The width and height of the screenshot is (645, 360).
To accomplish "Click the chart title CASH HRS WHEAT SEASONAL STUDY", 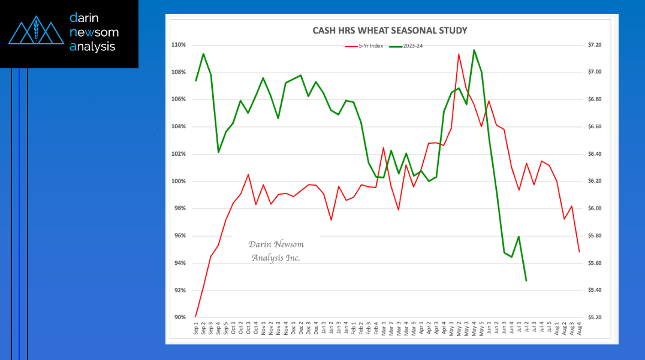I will tap(390, 31).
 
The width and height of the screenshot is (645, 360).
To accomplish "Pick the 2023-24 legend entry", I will tap(413, 46).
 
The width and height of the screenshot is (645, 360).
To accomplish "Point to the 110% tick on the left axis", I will tap(179, 45).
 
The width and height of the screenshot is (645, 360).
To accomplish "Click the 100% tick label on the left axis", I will tap(179, 181).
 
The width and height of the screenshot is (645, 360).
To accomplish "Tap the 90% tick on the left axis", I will tap(180, 317).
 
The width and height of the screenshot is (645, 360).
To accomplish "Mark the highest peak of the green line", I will tap(474, 50).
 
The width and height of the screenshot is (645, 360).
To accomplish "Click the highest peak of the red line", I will tap(459, 54).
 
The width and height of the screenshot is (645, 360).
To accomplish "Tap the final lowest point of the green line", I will tap(526, 281).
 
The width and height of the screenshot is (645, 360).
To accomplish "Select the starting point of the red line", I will tap(196, 316).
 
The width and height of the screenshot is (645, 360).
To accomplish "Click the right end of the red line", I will tap(579, 252).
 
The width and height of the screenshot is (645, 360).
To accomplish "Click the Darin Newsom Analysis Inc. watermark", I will tap(276, 251).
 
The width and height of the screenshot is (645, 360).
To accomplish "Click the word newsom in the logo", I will tap(94, 32).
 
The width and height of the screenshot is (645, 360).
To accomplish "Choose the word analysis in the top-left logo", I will tap(92, 47).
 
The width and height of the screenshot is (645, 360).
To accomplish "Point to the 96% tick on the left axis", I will tap(180, 236).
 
